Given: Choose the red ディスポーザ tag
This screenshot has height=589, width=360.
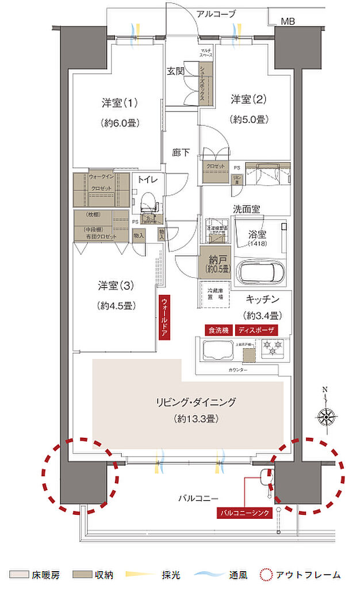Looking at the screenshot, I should (x=256, y=330).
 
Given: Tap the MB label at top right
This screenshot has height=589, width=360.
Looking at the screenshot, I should (x=288, y=22).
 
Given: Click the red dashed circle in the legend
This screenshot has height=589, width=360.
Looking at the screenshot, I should (x=266, y=575).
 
